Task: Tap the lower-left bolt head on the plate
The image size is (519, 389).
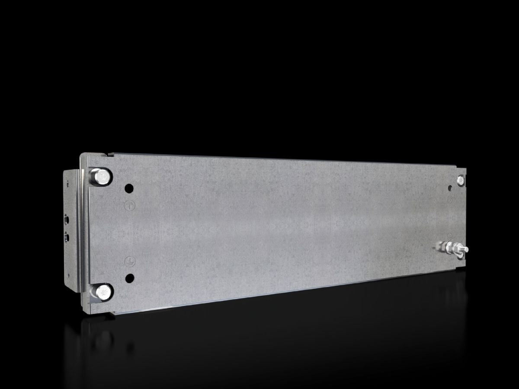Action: tap(102, 292)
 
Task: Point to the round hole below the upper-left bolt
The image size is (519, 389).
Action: tap(129, 188)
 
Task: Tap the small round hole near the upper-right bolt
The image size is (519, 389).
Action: tap(451, 188)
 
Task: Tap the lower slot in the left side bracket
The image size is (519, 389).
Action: tap(67, 237)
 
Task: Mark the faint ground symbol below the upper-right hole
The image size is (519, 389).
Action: tap(451, 201)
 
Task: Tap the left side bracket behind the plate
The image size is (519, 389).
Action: tap(69, 229)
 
